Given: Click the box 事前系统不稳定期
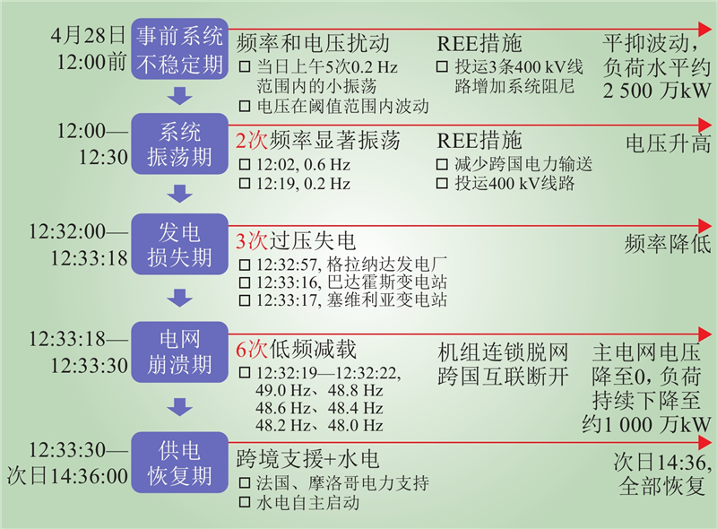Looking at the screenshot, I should [179, 49].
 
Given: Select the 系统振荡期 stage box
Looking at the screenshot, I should [179, 144].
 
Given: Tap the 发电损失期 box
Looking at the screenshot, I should [179, 245].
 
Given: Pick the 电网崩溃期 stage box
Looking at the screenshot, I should [179, 351].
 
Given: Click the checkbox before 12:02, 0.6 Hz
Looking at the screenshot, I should [245, 165].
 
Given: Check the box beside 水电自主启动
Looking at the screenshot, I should [245, 504].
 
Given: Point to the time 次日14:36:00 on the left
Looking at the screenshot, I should [67, 474].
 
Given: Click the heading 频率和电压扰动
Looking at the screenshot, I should [314, 43].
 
